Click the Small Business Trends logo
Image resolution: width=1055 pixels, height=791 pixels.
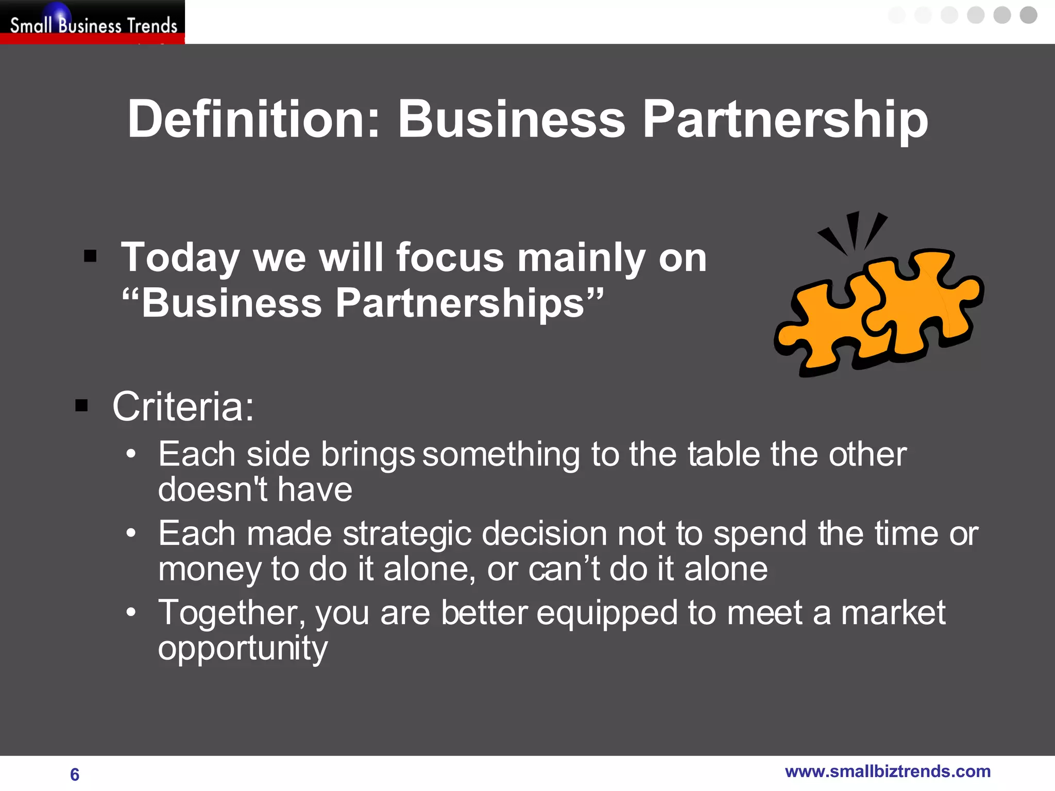pyautogui.click(x=93, y=23)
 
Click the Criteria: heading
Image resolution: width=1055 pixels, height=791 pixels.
pyautogui.click(x=183, y=407)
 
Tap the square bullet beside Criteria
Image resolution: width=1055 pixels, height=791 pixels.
pyautogui.click(x=81, y=406)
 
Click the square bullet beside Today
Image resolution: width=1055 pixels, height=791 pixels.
pyautogui.click(x=90, y=256)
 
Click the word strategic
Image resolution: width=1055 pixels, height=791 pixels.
pyautogui.click(x=407, y=534)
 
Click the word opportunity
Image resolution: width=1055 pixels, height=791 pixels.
pyautogui.click(x=243, y=649)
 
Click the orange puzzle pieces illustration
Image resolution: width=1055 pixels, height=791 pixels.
pyautogui.click(x=879, y=309)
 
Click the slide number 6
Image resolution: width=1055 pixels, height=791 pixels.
pyautogui.click(x=75, y=775)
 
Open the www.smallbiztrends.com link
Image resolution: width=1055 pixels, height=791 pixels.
pyautogui.click(x=888, y=771)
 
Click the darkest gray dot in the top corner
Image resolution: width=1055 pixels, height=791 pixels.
pyautogui.click(x=1028, y=15)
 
